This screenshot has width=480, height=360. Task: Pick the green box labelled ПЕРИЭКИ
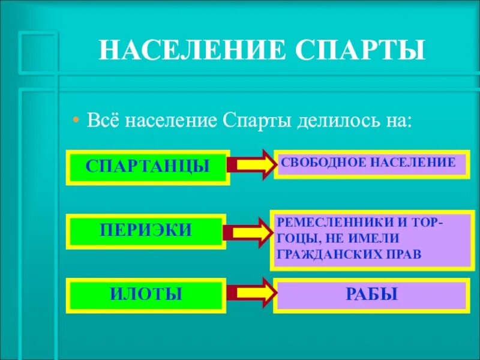(x=146, y=230)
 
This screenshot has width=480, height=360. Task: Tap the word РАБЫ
(x=371, y=295)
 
